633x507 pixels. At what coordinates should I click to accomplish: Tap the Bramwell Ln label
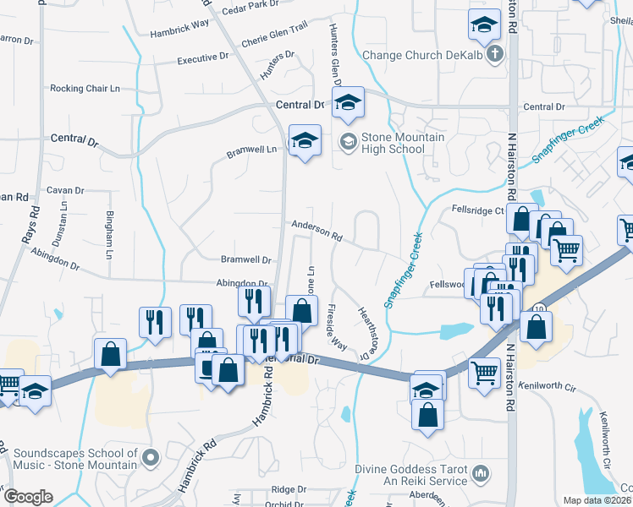pos(252,152)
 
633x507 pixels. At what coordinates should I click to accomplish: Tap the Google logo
pos(29,496)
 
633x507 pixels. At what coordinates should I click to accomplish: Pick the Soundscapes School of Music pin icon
pos(151,458)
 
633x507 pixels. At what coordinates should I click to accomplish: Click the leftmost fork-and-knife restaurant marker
pos(154,320)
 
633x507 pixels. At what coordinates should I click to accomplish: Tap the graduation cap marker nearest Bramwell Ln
pos(305,139)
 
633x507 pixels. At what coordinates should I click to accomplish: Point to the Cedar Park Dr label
pos(250,5)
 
